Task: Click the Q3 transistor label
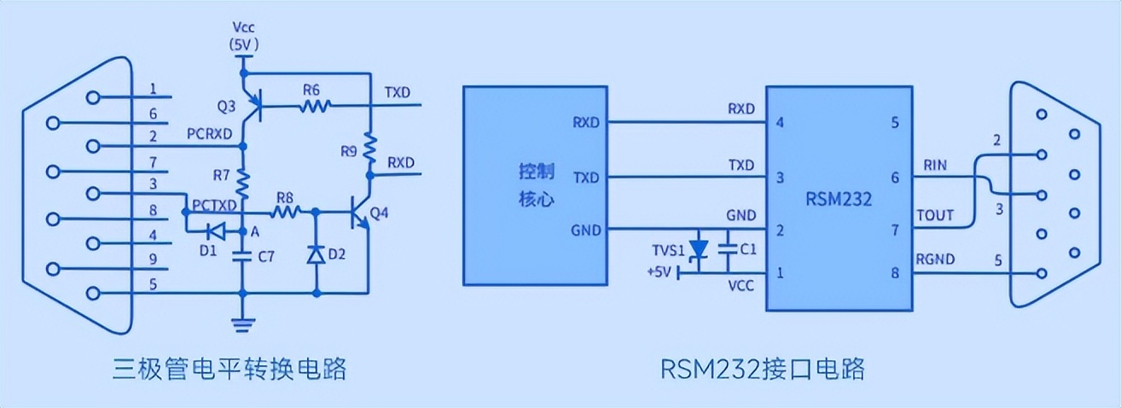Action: [x=226, y=107]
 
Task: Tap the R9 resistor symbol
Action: [x=370, y=150]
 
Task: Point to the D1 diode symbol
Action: [x=214, y=230]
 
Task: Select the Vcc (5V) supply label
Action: [x=244, y=35]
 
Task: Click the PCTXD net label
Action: [x=212, y=205]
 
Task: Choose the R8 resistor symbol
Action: [x=285, y=209]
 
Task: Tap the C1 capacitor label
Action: [x=747, y=250]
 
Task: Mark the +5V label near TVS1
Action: [x=661, y=272]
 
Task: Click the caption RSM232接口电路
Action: [x=763, y=369]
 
